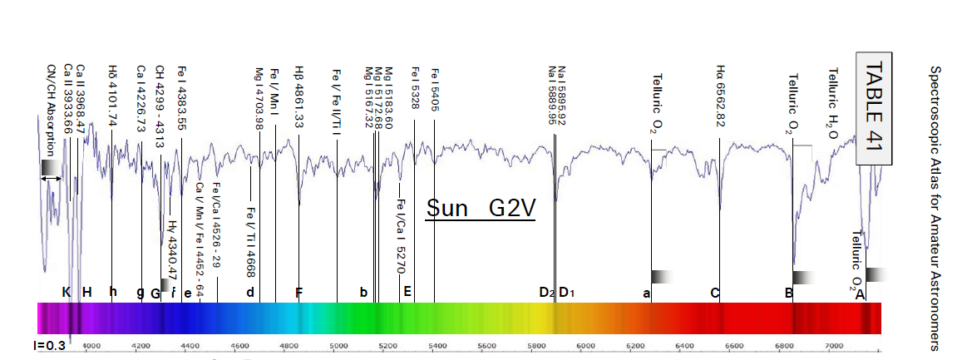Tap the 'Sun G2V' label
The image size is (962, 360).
click(479, 207)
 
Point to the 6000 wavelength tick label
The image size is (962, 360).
click(585, 345)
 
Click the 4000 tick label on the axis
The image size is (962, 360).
click(91, 345)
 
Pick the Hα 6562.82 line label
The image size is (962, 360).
click(721, 96)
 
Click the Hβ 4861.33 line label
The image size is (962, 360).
click(298, 97)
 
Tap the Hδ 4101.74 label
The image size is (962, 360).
click(112, 94)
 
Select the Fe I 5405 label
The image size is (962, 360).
click(434, 90)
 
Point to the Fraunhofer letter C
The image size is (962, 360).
click(714, 293)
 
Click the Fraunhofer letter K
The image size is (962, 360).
click(67, 292)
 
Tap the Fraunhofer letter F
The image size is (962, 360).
click(299, 293)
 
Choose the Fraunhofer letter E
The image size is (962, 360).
click(407, 292)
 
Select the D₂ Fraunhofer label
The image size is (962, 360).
click(546, 293)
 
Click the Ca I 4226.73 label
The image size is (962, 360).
click(141, 96)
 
